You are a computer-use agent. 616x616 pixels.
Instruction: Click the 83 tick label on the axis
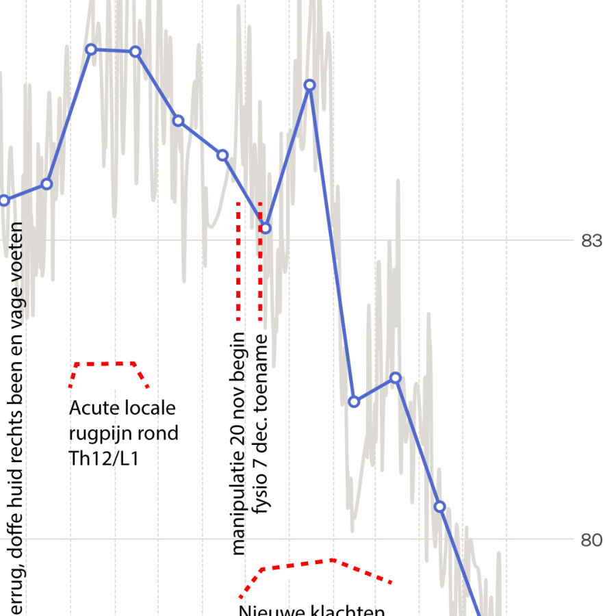click(591, 241)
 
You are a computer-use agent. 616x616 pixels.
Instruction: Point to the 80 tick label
click(591, 540)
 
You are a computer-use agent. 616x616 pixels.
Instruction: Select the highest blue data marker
click(91, 49)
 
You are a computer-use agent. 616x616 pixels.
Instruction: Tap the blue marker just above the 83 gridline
click(266, 227)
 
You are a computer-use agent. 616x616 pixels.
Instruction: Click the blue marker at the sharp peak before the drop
click(309, 86)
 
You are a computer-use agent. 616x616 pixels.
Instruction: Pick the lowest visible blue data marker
click(440, 506)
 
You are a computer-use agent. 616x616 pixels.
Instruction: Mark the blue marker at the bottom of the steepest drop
click(354, 401)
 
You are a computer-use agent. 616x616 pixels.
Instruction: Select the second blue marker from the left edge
click(47, 183)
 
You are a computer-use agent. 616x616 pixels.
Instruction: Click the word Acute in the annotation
click(94, 409)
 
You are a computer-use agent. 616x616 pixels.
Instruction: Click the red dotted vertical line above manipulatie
click(238, 260)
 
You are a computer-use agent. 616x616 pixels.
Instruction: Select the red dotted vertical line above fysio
click(260, 260)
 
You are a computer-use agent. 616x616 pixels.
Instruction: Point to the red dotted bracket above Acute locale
click(106, 363)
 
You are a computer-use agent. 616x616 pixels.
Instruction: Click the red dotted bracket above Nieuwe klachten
click(322, 562)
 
